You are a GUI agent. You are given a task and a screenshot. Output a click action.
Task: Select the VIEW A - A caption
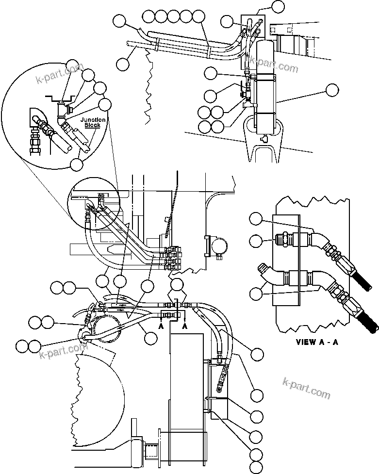point(317,342)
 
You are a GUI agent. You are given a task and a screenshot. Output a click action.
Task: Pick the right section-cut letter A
point(185,327)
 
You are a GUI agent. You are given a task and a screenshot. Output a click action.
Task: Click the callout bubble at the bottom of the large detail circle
point(76,164)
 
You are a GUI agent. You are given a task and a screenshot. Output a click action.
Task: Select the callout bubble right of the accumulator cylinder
point(332,90)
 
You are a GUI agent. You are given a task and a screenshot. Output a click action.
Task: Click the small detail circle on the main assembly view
point(95,203)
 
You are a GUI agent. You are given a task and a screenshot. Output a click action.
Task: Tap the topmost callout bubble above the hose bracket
point(277,6)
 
